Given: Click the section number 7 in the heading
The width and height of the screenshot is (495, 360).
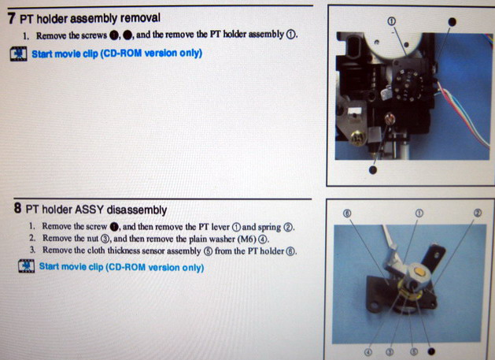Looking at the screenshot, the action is click(x=11, y=18).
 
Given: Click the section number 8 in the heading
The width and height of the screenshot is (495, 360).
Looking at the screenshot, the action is click(x=17, y=208).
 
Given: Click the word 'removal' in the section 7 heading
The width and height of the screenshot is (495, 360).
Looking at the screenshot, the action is click(x=140, y=17).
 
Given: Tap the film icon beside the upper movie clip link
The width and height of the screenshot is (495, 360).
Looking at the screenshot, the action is click(x=19, y=54).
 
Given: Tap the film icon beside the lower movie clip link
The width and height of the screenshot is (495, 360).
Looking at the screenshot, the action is click(x=26, y=266).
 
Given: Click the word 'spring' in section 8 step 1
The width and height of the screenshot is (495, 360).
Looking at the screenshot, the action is click(x=269, y=228).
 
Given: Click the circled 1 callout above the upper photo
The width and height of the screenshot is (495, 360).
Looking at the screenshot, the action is click(x=391, y=21).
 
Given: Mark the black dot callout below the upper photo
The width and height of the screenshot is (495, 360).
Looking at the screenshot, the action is click(x=373, y=170).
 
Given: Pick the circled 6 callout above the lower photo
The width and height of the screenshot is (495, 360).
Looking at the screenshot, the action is click(x=347, y=213).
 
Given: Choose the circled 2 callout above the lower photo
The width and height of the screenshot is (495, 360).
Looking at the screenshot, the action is click(x=478, y=213).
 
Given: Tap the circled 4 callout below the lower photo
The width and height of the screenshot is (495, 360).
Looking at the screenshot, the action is click(x=368, y=352).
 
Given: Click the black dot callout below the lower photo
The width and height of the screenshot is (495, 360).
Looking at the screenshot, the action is click(x=431, y=351).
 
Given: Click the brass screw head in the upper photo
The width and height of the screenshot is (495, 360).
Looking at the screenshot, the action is click(x=357, y=139).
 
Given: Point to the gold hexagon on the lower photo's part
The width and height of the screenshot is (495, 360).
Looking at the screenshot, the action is click(x=419, y=271).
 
